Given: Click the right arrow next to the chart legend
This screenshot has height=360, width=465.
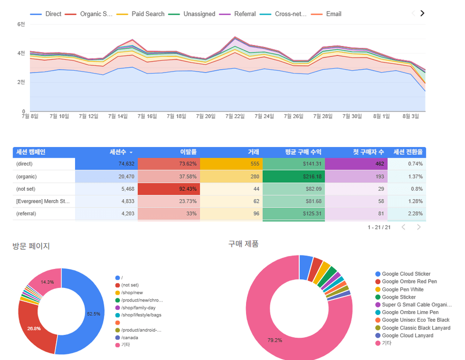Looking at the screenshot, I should tap(422, 14).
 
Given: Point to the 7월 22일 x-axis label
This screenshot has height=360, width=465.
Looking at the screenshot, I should tap(236, 116).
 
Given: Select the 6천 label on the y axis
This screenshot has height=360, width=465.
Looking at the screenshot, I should tap(21, 24).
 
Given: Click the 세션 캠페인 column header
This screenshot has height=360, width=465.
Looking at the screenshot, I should tap(31, 152).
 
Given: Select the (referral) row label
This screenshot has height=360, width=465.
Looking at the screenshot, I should tap(27, 214).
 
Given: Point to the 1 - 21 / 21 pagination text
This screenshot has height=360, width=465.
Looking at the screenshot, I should tap(379, 227).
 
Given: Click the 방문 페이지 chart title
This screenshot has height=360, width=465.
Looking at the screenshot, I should tap(31, 246).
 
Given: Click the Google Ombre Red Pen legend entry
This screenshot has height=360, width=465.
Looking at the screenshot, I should tap(409, 282).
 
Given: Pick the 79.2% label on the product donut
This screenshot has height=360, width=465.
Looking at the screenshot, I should tap(275, 341).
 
